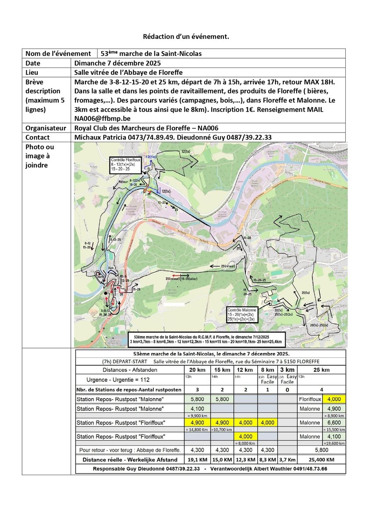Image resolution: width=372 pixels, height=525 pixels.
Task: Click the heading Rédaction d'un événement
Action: tap(186, 37)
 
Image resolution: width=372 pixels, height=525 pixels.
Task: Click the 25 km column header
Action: tap(321, 370)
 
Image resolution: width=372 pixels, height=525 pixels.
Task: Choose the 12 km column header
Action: tap(245, 370)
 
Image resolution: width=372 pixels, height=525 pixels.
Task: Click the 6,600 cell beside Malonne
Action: tap(333, 423)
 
